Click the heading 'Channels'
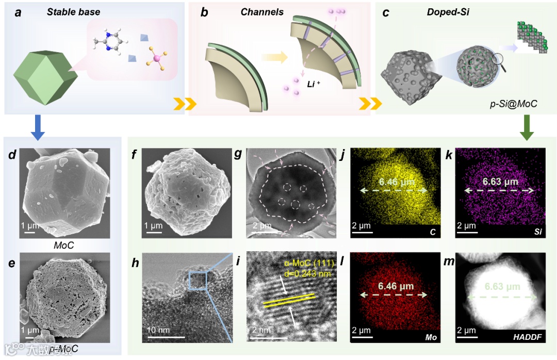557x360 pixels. tap(262, 12)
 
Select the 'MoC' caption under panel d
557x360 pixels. tap(63, 246)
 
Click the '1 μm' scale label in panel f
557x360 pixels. tap(154, 225)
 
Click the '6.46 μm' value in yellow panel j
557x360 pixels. tap(396, 182)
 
